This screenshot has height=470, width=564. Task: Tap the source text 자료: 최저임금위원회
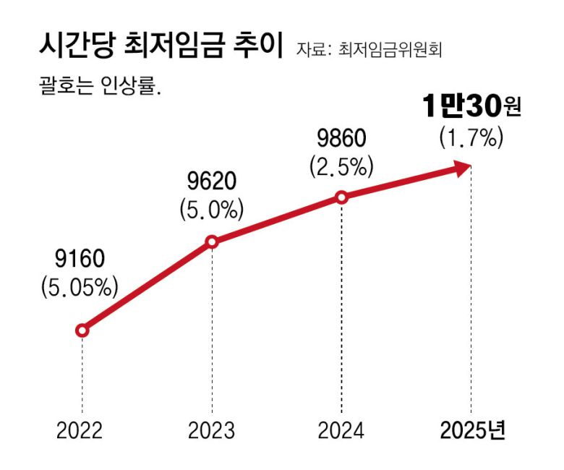click(369, 50)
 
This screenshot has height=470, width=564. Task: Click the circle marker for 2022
click(82, 330)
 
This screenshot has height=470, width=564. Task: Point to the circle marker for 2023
click(212, 242)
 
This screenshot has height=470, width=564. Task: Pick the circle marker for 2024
click(342, 197)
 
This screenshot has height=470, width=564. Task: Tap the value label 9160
click(80, 259)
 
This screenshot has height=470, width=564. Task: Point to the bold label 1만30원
click(471, 108)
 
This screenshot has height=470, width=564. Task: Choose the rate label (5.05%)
click(80, 287)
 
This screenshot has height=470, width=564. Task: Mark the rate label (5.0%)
click(211, 210)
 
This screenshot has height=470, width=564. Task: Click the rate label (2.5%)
click(342, 166)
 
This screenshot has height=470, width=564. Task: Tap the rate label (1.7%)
click(471, 137)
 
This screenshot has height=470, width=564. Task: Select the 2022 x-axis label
click(80, 430)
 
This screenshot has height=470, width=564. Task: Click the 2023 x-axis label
click(211, 430)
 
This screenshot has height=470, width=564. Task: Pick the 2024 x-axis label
click(341, 430)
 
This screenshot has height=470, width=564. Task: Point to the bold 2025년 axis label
click(473, 430)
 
